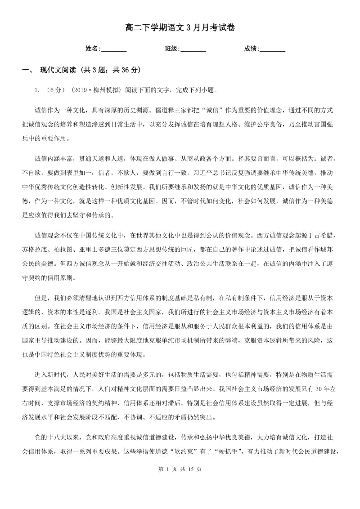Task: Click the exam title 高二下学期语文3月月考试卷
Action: (180, 28)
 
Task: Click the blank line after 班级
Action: (193, 49)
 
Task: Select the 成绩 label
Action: (250, 49)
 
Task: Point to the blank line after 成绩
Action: (273, 49)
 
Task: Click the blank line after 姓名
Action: (114, 49)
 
